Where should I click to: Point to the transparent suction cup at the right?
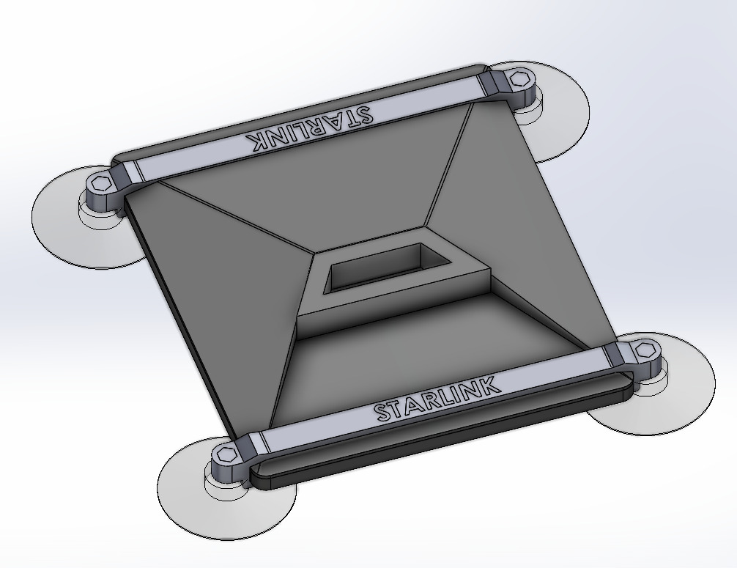point(681,396)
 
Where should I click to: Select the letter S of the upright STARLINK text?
point(383,412)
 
